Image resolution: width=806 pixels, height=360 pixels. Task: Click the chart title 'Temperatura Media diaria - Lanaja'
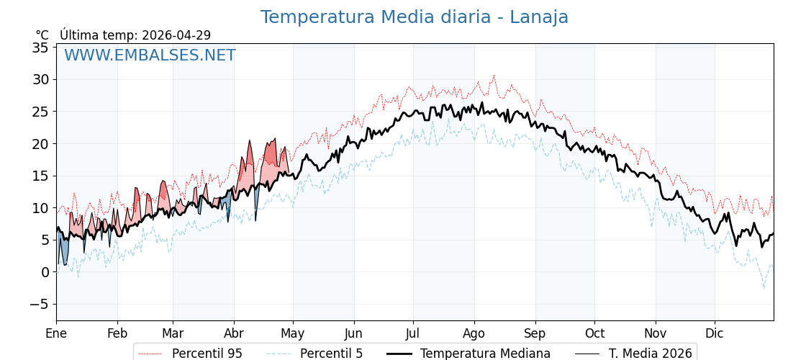414,17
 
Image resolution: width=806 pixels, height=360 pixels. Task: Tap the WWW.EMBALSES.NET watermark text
150,55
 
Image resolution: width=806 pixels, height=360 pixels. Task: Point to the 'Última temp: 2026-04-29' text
135,35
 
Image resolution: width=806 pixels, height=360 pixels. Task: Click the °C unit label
42,35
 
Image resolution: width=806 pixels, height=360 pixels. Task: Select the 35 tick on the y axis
40,48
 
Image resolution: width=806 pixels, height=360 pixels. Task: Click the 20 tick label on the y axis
40,144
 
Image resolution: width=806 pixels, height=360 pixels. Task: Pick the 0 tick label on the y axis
45,272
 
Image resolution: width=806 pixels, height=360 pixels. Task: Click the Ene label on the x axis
56,333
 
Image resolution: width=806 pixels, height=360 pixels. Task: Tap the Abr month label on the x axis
234,333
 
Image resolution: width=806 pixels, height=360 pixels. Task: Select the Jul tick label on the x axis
413,333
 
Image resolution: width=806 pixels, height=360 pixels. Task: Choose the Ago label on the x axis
474,333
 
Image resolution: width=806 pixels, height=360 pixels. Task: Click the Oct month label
594,333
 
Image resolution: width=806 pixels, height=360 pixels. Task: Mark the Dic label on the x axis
715,333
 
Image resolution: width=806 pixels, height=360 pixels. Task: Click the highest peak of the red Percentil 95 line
494,75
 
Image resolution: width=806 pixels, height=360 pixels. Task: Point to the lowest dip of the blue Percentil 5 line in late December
764,288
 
